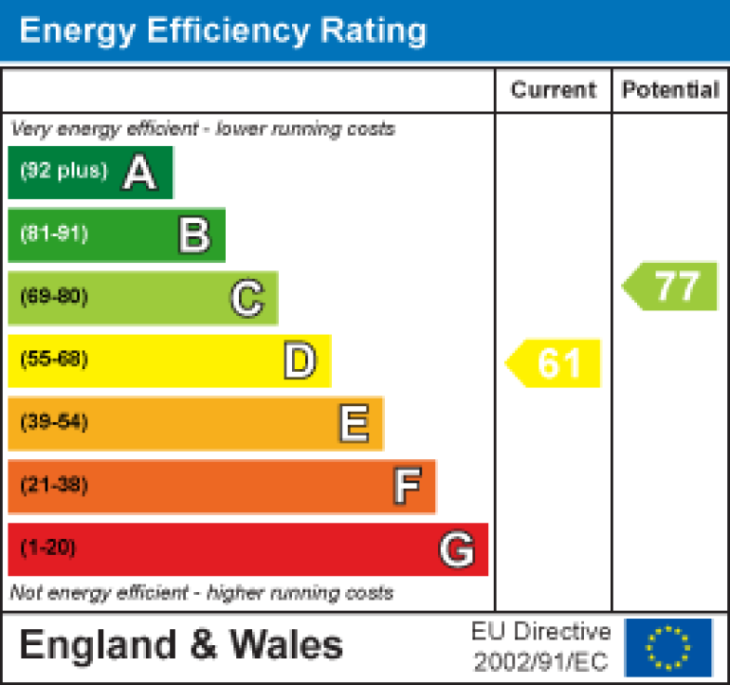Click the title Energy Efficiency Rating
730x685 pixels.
click(x=223, y=31)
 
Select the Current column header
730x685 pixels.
click(x=554, y=90)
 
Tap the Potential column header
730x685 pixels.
click(x=670, y=90)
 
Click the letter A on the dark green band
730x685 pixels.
click(x=139, y=173)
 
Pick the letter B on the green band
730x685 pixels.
click(x=193, y=234)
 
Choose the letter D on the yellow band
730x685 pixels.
click(x=300, y=361)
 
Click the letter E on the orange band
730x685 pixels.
click(x=353, y=423)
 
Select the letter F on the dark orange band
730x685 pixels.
click(x=406, y=486)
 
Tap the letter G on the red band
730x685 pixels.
click(x=456, y=548)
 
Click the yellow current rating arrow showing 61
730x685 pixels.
click(x=555, y=363)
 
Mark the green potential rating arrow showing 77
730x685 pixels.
click(x=671, y=286)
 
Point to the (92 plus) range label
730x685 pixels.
click(x=64, y=171)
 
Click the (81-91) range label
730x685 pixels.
click(x=54, y=234)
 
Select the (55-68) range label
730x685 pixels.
click(x=54, y=360)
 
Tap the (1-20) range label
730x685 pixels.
click(x=47, y=547)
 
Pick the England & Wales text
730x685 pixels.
click(x=180, y=645)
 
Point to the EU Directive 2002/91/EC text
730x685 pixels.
click(x=541, y=646)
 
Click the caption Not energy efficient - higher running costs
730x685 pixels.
click(x=201, y=593)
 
